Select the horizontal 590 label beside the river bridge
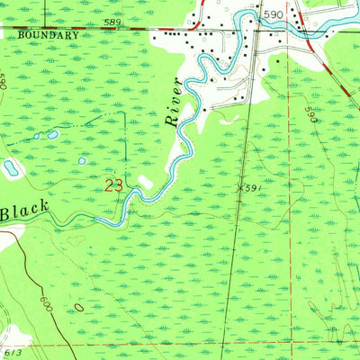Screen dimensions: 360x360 (x=274, y=14)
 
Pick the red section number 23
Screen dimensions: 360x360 (x=113, y=186)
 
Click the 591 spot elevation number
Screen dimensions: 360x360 (x=256, y=188)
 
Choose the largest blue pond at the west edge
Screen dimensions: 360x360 (x=11, y=167)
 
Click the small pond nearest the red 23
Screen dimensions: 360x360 (x=82, y=161)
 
